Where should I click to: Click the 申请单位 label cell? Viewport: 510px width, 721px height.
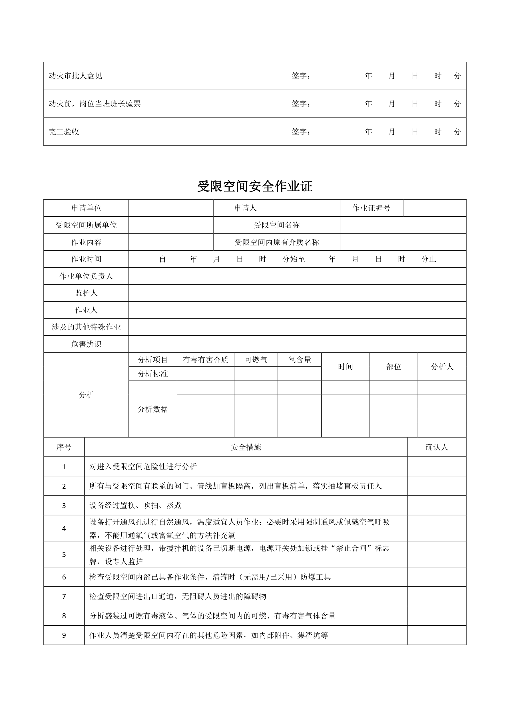pos(86,208)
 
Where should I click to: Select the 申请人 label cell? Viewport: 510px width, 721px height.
pos(245,208)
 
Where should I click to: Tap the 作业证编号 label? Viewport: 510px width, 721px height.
pos(371,208)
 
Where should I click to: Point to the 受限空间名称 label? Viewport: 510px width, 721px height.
pos(276,225)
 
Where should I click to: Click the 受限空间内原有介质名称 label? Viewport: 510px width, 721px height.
pos(276,242)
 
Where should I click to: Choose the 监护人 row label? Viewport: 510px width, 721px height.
pos(86,293)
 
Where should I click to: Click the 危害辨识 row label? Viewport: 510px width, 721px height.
pos(86,344)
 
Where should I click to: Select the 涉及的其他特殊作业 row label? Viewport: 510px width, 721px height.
pos(86,327)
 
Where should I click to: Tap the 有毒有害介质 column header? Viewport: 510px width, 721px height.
pos(205,360)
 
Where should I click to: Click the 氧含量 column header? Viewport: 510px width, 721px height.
pos(300,360)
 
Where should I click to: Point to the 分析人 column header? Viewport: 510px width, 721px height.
pos(442,366)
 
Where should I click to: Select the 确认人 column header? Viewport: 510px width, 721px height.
pos(437,447)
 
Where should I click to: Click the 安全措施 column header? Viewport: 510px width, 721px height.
pos(246,447)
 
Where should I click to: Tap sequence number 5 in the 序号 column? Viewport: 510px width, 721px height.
pos(64,555)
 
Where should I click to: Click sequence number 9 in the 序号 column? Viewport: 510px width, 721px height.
pos(64,636)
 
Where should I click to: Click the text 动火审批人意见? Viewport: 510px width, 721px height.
pos(75,76)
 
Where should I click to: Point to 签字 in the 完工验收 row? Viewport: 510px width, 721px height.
pos(300,132)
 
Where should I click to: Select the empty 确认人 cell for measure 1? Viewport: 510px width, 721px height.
pos(437,467)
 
